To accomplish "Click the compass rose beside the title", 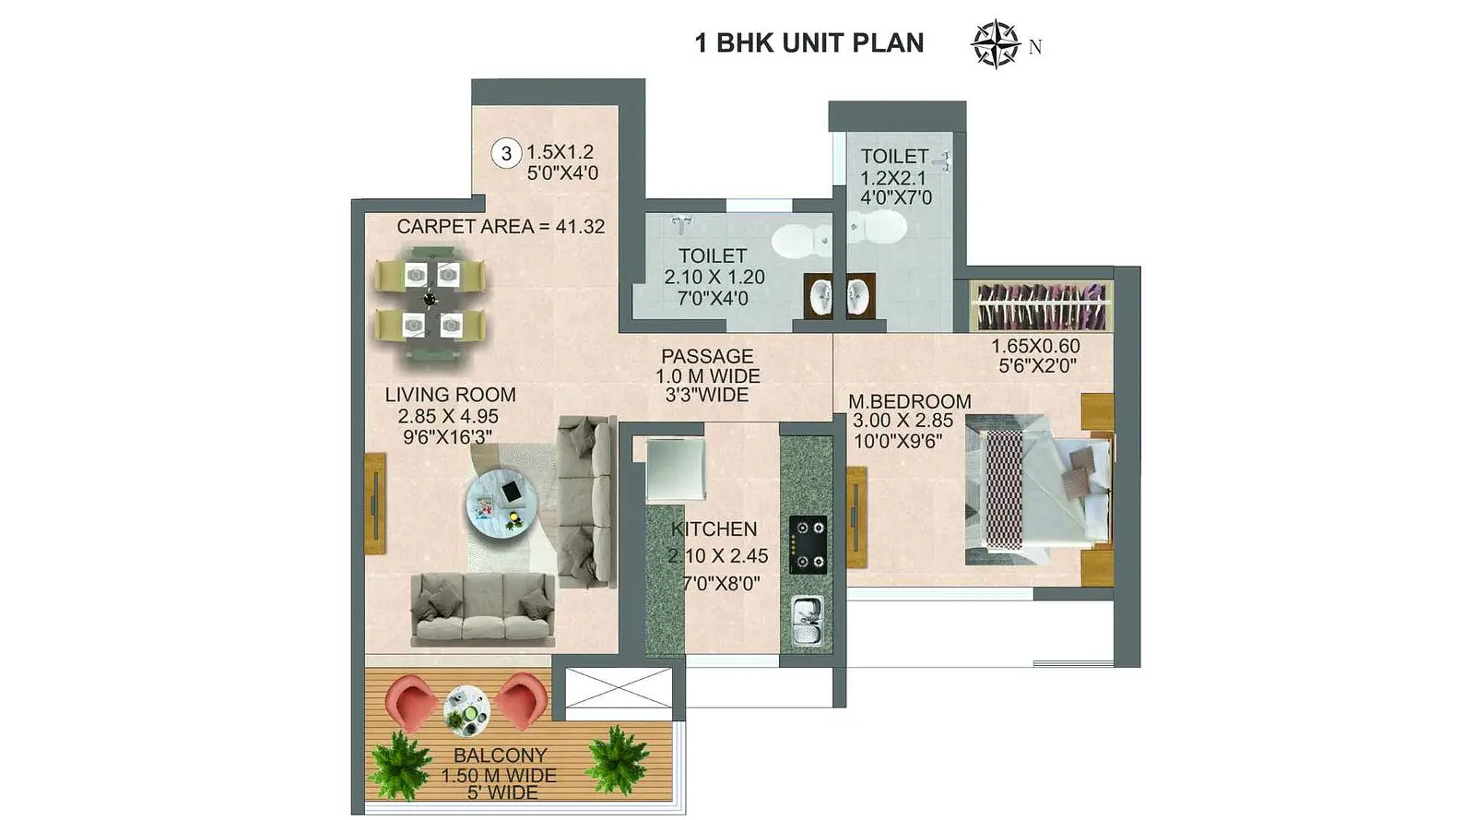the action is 996,44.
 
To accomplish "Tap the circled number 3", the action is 506,153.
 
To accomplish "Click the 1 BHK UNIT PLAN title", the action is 809,42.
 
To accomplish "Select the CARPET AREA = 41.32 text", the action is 501,227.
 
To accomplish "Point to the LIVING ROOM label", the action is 451,395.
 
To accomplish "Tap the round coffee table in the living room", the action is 501,504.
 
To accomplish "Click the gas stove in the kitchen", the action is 808,545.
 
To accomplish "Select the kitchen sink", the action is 807,620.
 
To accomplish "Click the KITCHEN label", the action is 714,529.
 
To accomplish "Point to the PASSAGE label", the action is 707,356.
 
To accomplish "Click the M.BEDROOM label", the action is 909,401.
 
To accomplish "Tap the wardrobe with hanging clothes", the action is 1042,306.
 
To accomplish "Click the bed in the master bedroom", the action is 1038,490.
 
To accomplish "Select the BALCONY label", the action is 501,755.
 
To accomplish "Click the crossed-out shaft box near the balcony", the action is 619,688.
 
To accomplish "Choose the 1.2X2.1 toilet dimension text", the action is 893,178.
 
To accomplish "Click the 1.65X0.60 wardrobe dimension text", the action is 1036,346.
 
